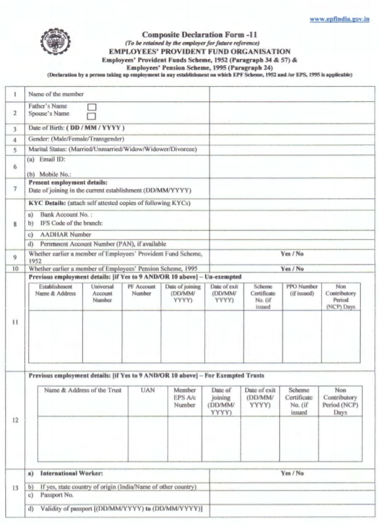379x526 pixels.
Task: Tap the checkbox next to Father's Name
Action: click(x=92, y=106)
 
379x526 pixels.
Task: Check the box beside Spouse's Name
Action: click(x=92, y=116)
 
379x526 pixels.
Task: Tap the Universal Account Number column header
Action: click(x=102, y=294)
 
